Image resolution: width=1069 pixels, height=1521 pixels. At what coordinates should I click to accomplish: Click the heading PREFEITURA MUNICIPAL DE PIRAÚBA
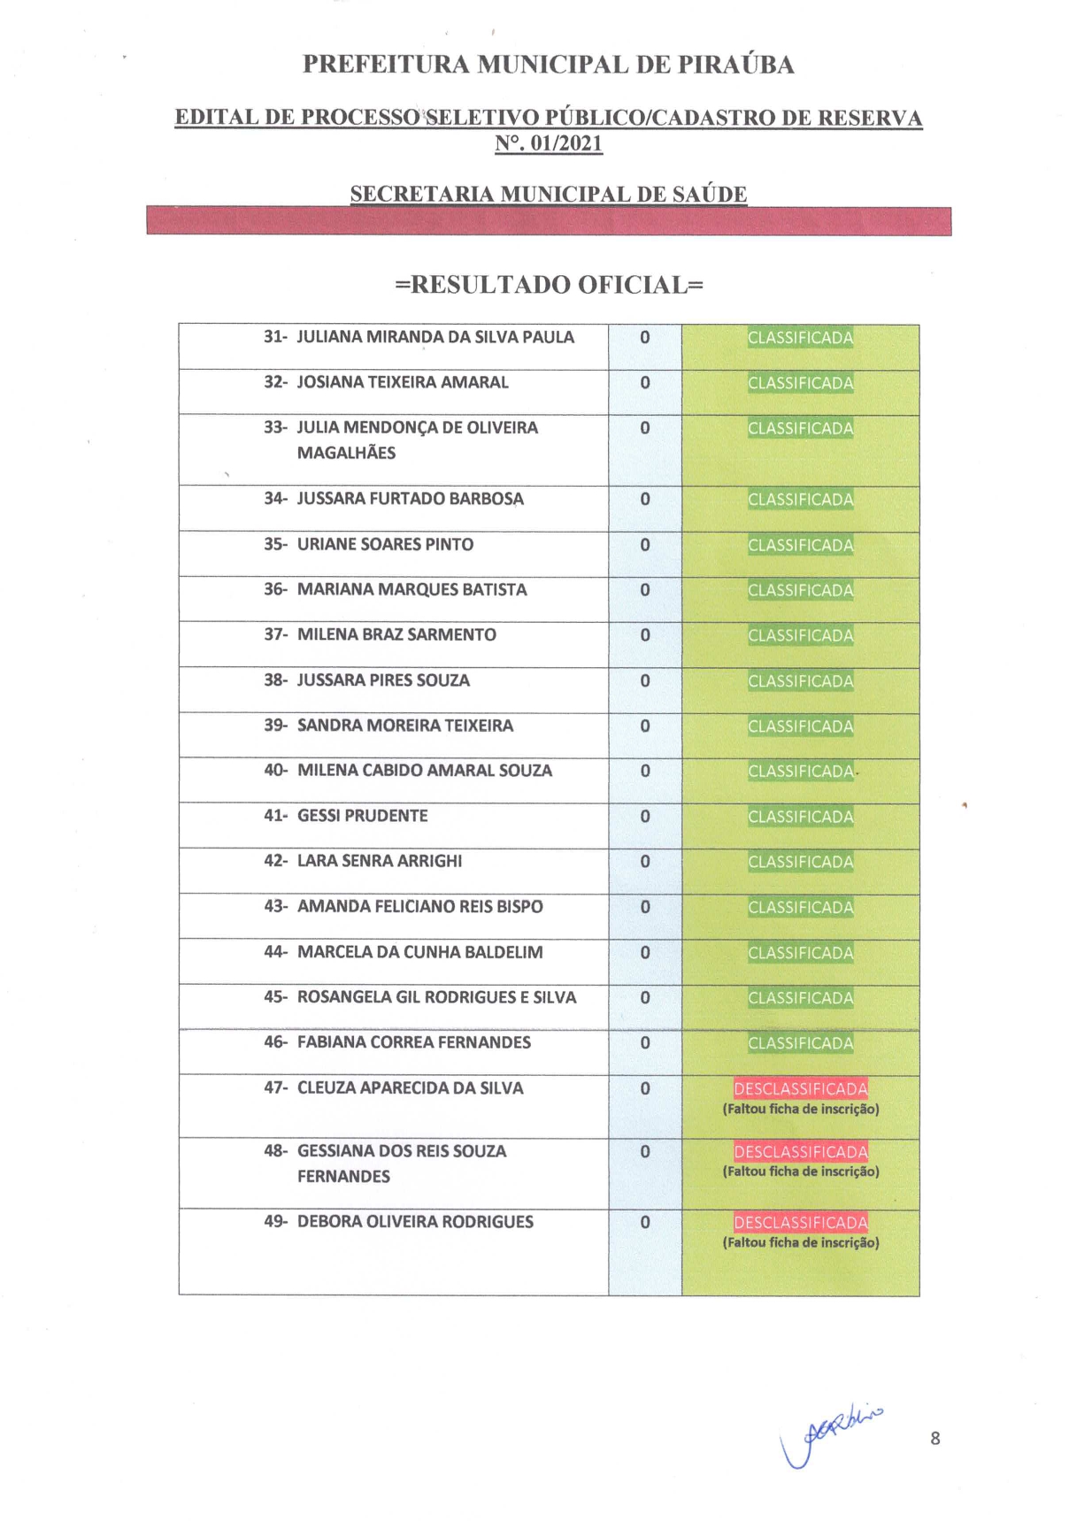[548, 65]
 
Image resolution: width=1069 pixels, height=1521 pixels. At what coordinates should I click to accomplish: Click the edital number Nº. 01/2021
[548, 143]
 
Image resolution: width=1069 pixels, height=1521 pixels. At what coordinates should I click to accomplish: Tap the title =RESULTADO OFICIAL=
[549, 285]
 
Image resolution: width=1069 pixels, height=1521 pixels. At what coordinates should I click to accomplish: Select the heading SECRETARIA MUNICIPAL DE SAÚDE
[548, 194]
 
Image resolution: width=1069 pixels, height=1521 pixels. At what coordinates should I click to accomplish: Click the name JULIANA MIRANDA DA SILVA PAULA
[435, 337]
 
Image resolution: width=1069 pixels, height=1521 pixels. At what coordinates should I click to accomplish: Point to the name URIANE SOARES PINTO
[385, 544]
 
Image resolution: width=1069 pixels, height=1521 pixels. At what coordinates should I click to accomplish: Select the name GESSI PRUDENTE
[362, 816]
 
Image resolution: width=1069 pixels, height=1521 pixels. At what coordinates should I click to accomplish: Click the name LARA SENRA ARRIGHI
[379, 861]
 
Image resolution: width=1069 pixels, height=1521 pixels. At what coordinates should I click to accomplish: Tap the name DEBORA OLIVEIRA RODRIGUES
[415, 1222]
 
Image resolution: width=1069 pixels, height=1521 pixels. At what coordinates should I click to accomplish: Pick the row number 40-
[275, 771]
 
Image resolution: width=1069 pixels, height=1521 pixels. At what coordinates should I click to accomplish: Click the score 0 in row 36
[645, 590]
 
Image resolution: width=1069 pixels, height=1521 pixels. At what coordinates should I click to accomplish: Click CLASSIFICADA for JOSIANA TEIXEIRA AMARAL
[800, 383]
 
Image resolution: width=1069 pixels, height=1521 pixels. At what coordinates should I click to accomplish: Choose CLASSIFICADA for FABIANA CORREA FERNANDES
[800, 1043]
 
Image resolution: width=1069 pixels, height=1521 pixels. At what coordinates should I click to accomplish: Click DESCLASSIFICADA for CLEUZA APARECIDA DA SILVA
[800, 1089]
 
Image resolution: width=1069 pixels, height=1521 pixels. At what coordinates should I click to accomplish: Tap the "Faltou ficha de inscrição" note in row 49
[800, 1243]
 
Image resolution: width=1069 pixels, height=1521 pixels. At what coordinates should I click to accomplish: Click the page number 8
[935, 1439]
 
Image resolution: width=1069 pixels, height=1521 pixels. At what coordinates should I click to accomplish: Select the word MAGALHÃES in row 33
[346, 453]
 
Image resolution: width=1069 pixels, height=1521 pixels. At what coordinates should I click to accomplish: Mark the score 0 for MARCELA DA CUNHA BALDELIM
[645, 953]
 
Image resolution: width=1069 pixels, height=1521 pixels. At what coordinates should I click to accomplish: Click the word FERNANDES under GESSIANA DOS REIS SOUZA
[343, 1177]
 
